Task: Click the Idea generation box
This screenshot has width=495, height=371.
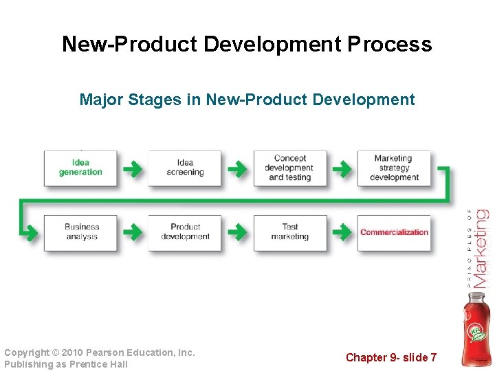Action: [x=80, y=168]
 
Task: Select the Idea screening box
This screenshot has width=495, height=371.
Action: [x=185, y=168]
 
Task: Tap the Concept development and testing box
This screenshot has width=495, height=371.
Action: [x=289, y=168]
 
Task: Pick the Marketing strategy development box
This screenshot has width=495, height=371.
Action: [x=394, y=168]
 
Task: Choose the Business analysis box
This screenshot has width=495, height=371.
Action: [x=80, y=232]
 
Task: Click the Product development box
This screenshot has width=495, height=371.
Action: [x=185, y=232]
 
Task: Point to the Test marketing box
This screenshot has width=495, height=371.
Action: [x=289, y=232]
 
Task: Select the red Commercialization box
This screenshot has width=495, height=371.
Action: [x=394, y=232]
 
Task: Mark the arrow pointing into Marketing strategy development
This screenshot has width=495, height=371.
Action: [x=341, y=168]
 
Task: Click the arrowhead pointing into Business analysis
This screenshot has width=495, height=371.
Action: [x=32, y=232]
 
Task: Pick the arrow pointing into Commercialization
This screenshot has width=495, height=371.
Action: [x=341, y=232]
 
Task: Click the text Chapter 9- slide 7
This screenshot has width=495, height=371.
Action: [x=391, y=357]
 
